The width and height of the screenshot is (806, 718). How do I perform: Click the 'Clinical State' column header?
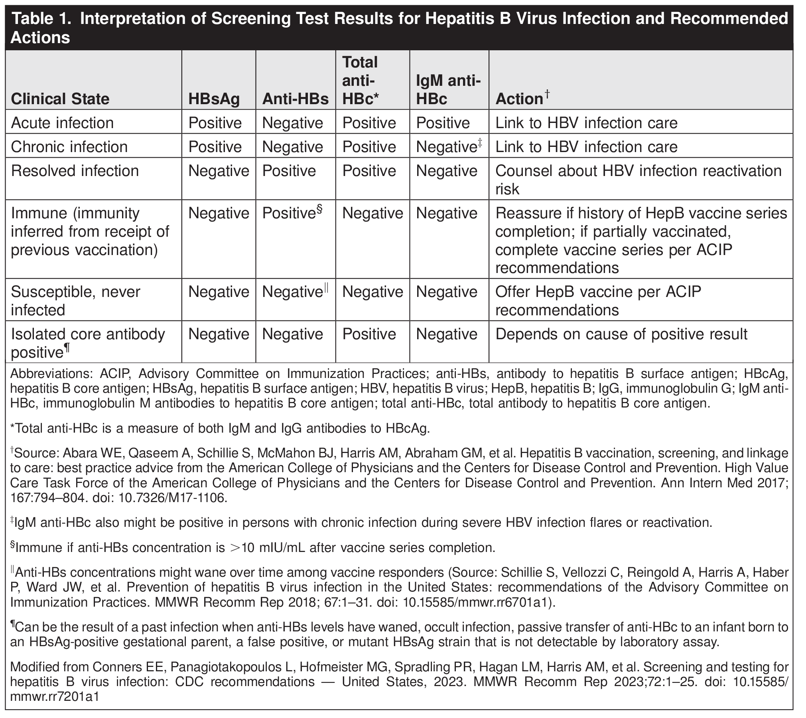(x=60, y=99)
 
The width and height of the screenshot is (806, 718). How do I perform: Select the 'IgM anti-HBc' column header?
(x=448, y=90)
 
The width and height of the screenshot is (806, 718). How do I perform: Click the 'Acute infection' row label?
(x=62, y=123)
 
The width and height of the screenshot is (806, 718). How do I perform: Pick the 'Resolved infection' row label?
(x=75, y=171)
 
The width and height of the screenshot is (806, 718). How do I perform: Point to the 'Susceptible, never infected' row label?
(x=75, y=301)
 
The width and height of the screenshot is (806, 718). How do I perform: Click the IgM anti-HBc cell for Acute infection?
(x=443, y=123)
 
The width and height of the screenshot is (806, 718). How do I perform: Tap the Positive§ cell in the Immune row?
(x=292, y=213)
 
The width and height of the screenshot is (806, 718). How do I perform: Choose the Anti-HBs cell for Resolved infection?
(x=289, y=171)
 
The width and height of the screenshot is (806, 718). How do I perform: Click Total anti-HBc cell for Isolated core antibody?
(x=369, y=334)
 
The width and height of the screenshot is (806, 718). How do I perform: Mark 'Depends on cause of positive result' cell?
(x=621, y=334)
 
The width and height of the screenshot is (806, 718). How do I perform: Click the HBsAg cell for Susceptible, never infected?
(x=219, y=292)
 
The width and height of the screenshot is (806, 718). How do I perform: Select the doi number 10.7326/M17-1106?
(x=173, y=498)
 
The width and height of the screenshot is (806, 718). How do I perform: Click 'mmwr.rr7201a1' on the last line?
(x=54, y=697)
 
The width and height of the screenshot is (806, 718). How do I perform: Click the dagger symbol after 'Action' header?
(x=548, y=94)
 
